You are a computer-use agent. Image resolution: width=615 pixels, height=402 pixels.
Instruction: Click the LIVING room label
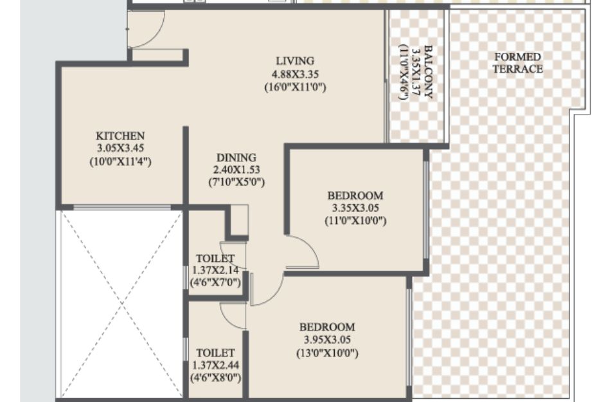pos(295,61)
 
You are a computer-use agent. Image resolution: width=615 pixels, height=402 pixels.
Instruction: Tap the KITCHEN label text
pos(120,136)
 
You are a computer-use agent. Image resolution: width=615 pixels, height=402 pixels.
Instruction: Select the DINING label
pos(236,158)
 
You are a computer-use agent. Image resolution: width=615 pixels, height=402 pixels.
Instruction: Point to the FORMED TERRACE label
pos(518,63)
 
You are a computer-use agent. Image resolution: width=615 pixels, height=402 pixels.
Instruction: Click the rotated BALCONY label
pos(428,72)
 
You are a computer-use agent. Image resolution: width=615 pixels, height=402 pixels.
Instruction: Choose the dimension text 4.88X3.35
pos(296,74)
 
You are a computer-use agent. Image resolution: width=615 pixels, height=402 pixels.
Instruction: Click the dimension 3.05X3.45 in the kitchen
pos(120,149)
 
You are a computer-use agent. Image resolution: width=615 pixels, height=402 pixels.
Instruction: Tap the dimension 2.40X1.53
pos(236,170)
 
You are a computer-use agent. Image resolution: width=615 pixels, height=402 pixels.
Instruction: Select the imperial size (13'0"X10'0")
pos(327,353)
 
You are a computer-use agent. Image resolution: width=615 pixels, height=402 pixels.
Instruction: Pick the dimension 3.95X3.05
pos(327,340)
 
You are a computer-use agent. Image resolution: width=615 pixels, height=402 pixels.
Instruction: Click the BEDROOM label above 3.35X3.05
pos(355,195)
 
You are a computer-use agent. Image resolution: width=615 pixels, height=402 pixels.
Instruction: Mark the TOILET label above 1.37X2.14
pos(215,259)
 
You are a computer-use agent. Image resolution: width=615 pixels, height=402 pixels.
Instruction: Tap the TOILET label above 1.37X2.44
pos(215,352)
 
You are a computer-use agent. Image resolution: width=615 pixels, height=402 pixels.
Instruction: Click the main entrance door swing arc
pos(157,35)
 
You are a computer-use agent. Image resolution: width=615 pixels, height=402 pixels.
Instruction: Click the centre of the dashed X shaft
pos(121,304)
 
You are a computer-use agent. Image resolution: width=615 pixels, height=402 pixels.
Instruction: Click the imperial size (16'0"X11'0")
pos(296,87)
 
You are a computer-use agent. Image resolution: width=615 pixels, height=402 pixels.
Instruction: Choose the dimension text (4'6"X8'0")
pos(215,378)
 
